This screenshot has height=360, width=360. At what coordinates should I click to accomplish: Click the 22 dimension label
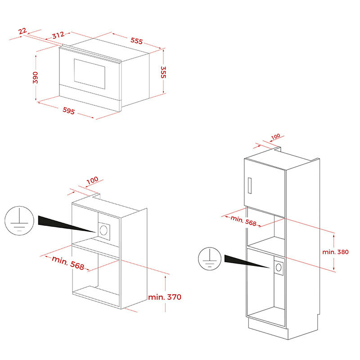[x=22, y=31]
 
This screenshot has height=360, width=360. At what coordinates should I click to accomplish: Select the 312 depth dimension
[x=58, y=35]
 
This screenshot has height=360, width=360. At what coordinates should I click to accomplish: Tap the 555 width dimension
[x=137, y=40]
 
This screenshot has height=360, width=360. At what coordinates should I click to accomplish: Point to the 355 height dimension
[x=163, y=72]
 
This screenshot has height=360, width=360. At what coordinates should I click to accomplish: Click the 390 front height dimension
[x=35, y=77]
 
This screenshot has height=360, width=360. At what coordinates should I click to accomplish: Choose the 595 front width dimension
[x=69, y=111]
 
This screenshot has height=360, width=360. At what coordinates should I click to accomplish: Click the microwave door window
[x=90, y=74]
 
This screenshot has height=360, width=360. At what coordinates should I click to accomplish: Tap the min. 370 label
[x=165, y=297]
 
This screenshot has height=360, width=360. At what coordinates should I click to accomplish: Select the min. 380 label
[x=335, y=252]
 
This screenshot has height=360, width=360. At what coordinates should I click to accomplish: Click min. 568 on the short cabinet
[x=68, y=263]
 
